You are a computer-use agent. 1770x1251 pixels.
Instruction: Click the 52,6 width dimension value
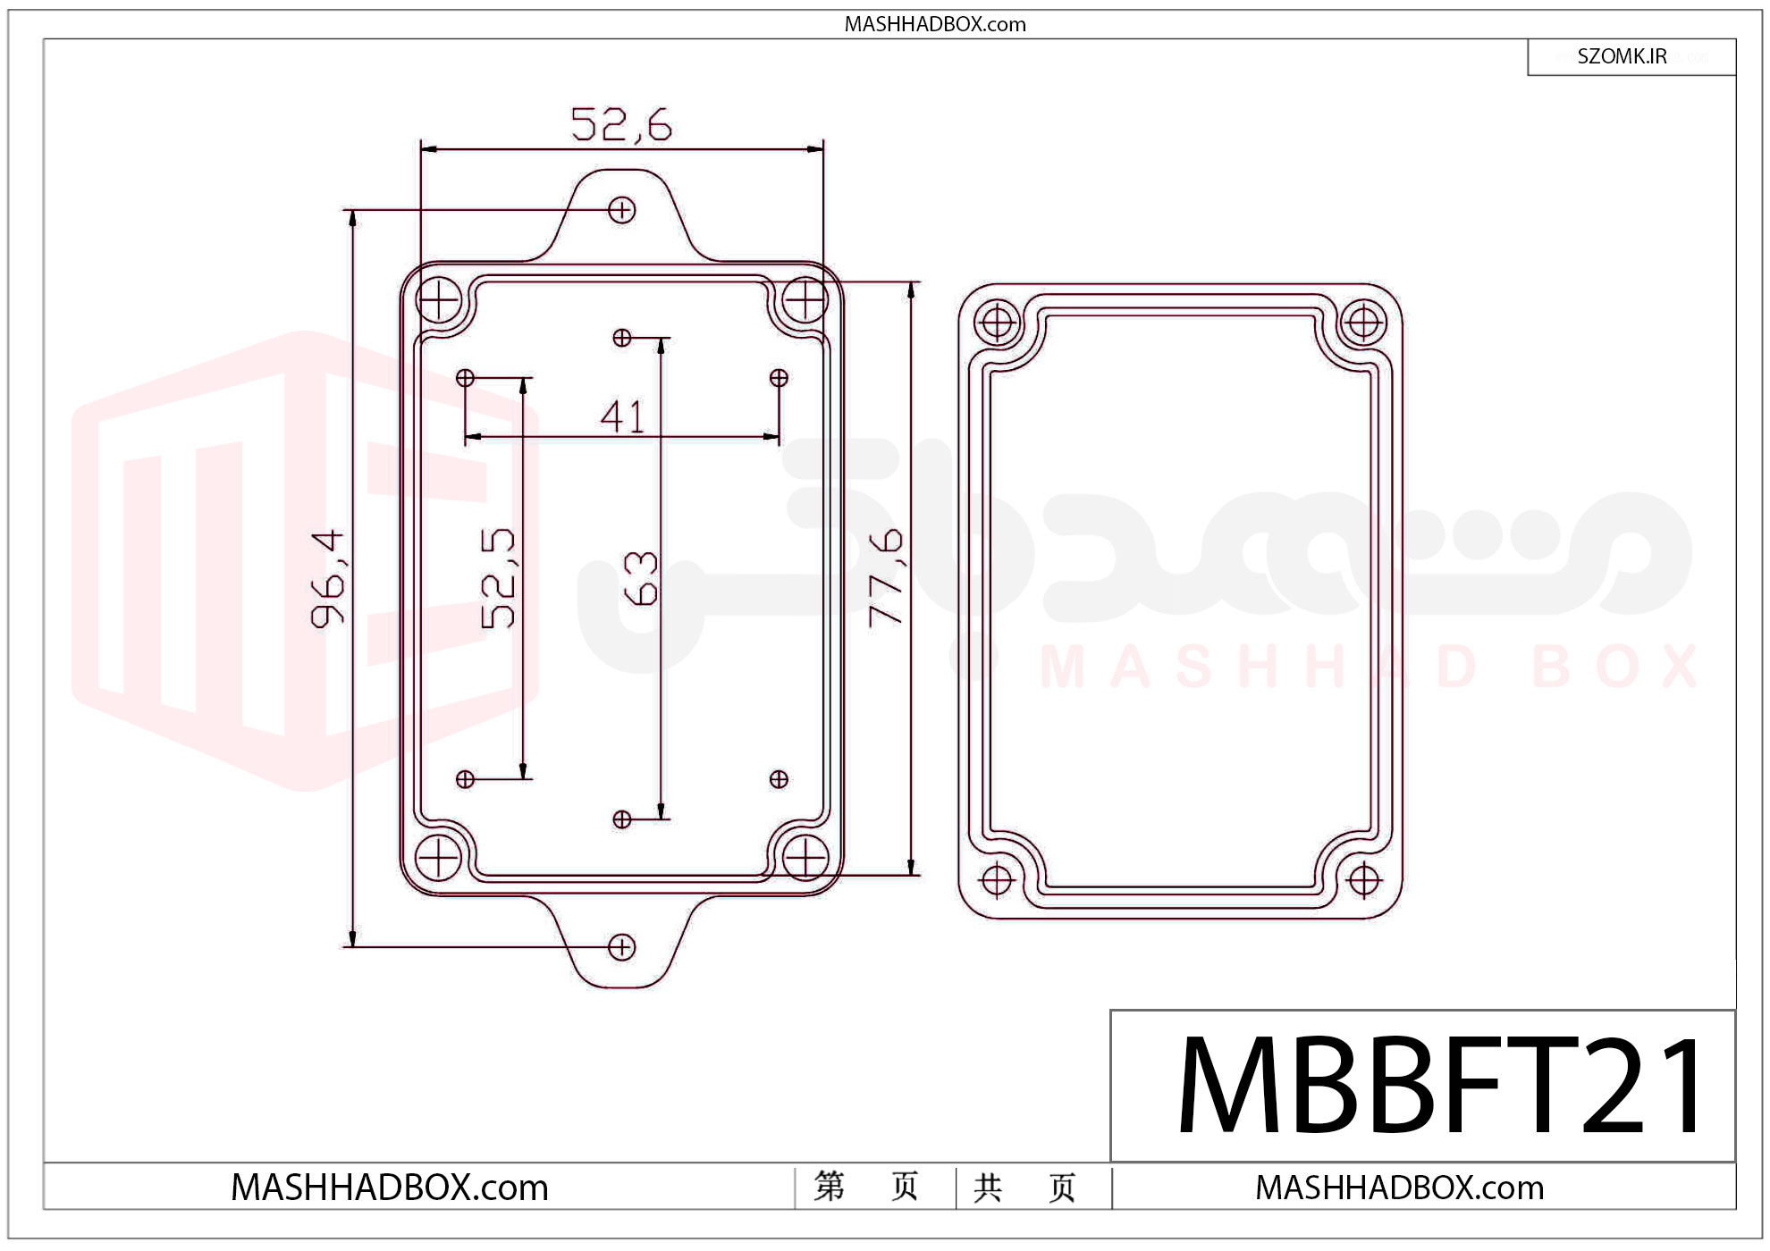(x=621, y=124)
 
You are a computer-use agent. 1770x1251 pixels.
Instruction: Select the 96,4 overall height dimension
(x=327, y=579)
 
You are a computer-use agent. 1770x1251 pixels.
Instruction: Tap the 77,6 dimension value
(x=886, y=577)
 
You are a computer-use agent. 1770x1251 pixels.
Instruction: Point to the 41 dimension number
(x=622, y=416)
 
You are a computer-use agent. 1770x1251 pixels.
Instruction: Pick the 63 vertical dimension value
(x=640, y=578)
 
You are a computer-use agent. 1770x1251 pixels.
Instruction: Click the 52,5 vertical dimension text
(x=498, y=578)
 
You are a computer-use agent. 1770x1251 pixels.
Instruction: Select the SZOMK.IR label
(x=1622, y=56)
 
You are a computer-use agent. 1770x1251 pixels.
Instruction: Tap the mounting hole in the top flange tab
(x=621, y=210)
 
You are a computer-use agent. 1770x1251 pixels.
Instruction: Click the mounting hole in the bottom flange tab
(x=621, y=947)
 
